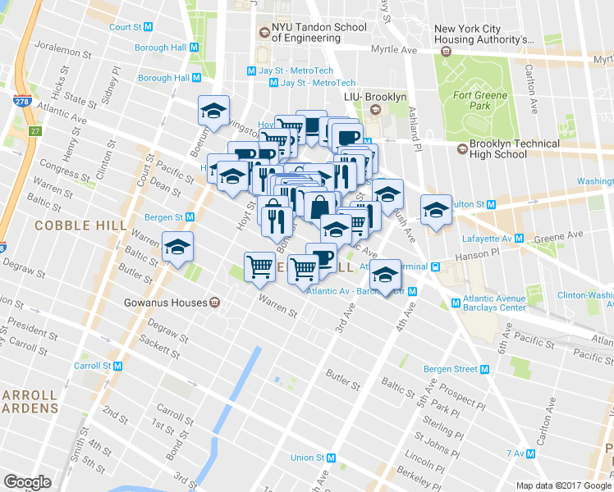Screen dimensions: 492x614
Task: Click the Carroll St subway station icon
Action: pyautogui.click(x=118, y=366)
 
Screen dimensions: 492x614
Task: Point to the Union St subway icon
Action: pyautogui.click(x=326, y=458)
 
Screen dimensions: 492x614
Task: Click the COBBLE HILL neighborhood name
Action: pyautogui.click(x=80, y=225)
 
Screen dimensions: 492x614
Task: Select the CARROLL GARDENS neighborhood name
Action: pyautogui.click(x=30, y=400)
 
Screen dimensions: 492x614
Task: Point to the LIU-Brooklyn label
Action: pyautogui.click(x=375, y=98)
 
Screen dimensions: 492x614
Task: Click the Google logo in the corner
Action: pyautogui.click(x=27, y=482)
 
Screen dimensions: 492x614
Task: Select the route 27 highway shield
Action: pyautogui.click(x=34, y=131)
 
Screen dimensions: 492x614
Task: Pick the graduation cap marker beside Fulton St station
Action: pyautogui.click(x=437, y=210)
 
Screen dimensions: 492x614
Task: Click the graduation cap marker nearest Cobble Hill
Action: pyautogui.click(x=177, y=247)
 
